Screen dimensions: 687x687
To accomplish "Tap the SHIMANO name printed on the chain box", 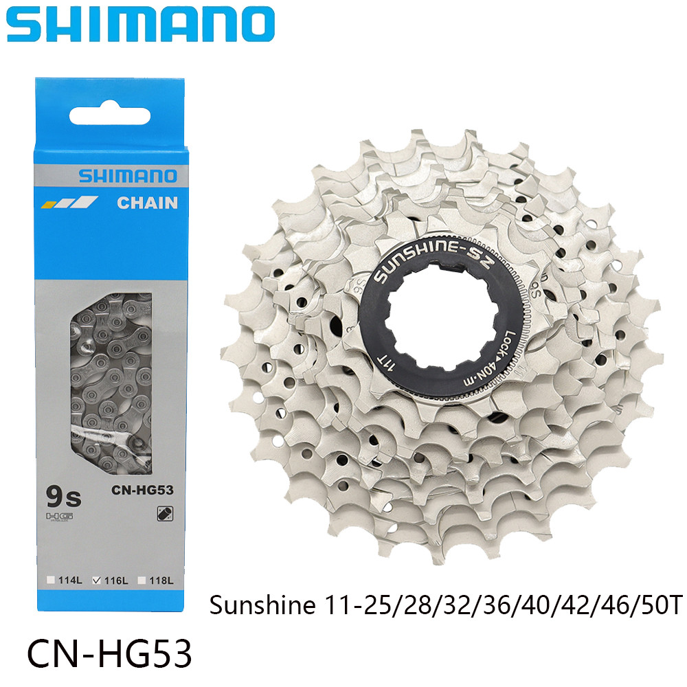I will tap(128, 176).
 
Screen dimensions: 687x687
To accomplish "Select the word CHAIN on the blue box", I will tap(146, 203).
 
